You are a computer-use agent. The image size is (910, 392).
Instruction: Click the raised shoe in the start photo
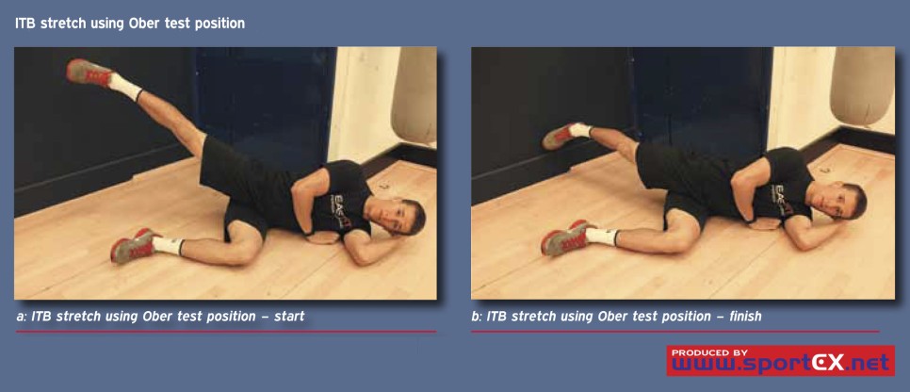pyautogui.click(x=89, y=72)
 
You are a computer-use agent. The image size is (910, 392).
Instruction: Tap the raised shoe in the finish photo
pyautogui.click(x=560, y=136)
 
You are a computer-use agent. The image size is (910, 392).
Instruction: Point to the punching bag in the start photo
pyautogui.click(x=414, y=96)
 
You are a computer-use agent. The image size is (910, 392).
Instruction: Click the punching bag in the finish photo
pyautogui.click(x=862, y=86)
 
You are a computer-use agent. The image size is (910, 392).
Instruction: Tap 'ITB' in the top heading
pyautogui.click(x=25, y=24)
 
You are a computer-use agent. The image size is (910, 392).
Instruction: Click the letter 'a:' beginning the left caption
pyautogui.click(x=22, y=317)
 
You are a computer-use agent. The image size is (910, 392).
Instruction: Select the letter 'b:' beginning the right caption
pyautogui.click(x=477, y=317)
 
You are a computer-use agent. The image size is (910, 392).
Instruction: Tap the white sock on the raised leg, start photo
pyautogui.click(x=124, y=87)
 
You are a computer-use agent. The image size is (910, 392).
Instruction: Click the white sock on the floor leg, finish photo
pyautogui.click(x=601, y=237)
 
